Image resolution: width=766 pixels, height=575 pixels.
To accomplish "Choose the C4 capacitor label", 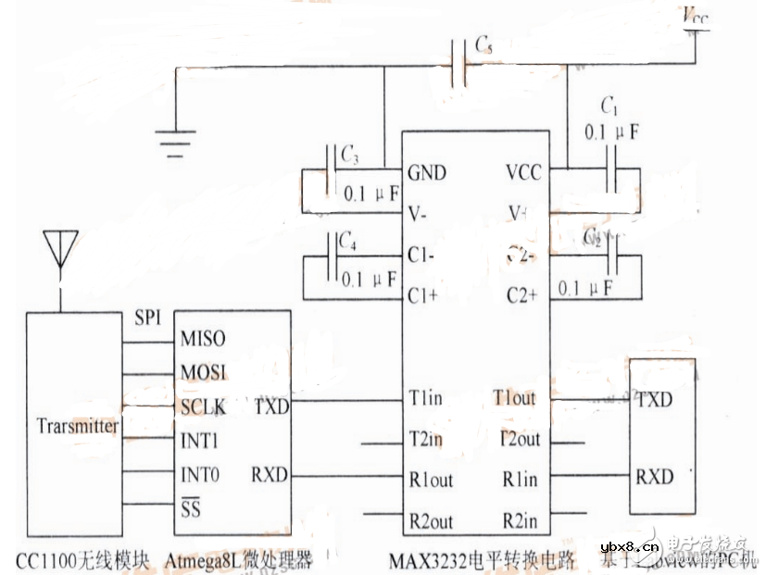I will pos(347,242).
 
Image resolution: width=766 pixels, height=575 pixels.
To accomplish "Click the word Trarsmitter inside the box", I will pos(78,426).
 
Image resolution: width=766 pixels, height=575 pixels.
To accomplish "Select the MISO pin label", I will pos(203,339).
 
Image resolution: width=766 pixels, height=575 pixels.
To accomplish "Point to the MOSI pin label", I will pos(204,372).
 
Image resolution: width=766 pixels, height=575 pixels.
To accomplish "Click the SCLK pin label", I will pos(204,406).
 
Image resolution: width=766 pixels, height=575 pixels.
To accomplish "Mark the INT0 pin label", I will pos(200,476).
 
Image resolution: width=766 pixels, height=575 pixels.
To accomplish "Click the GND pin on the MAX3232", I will pos(426,173).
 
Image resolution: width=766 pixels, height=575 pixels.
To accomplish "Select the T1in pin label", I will pos(426,399).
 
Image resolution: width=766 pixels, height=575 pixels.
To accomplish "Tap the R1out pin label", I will pos(431,480).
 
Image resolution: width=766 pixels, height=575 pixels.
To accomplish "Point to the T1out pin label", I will pos(514,399).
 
